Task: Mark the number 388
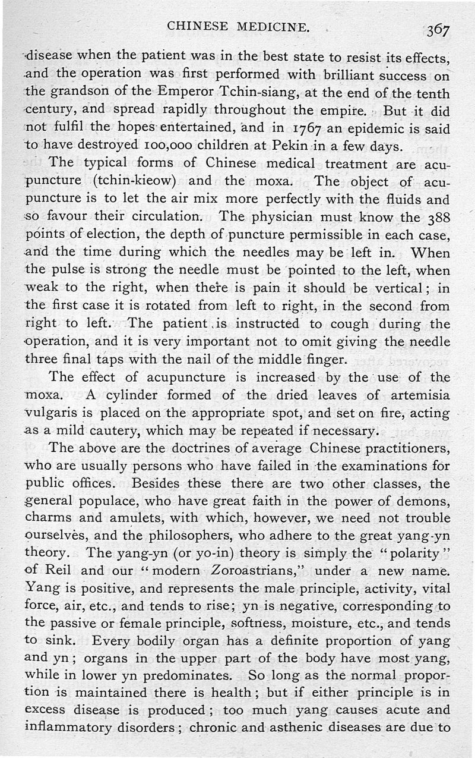[438, 217]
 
